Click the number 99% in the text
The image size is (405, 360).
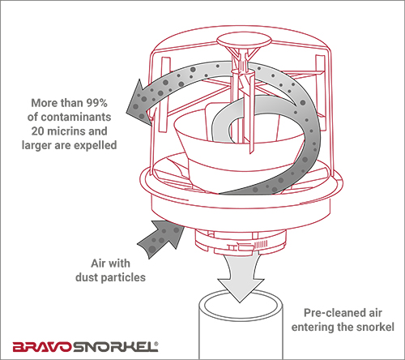tap(96, 103)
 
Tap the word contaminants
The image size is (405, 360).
tap(76, 117)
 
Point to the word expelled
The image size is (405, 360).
tap(96, 145)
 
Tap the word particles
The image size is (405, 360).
tap(123, 278)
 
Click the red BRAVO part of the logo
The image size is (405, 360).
tap(42, 347)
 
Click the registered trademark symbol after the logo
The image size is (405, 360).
tap(156, 344)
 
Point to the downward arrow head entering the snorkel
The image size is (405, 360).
tap(241, 289)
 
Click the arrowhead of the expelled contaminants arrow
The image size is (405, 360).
tap(138, 104)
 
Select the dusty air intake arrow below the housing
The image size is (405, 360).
tap(160, 238)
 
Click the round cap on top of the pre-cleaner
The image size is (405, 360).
tap(244, 41)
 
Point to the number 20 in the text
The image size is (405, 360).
tap(38, 131)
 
